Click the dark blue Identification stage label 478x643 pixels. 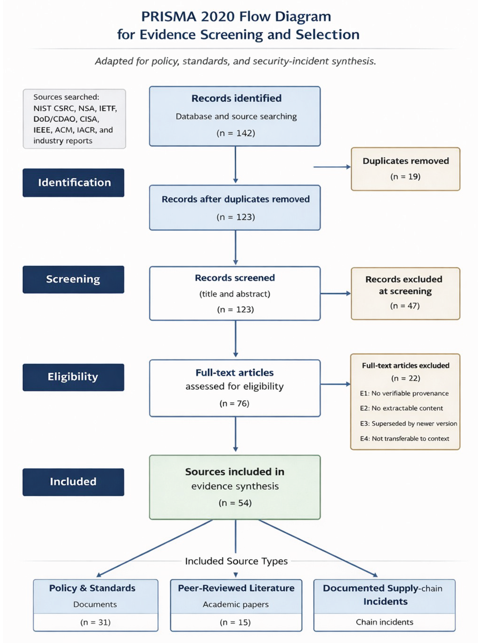73,183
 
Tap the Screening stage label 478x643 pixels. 73,279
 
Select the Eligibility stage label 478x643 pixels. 73,377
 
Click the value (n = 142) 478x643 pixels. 236,133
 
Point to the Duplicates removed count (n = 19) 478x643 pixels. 405,177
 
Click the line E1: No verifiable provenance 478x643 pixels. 404,393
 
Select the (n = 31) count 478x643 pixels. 95,622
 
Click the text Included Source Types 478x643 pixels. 236,561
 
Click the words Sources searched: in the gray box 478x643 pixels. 66,97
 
